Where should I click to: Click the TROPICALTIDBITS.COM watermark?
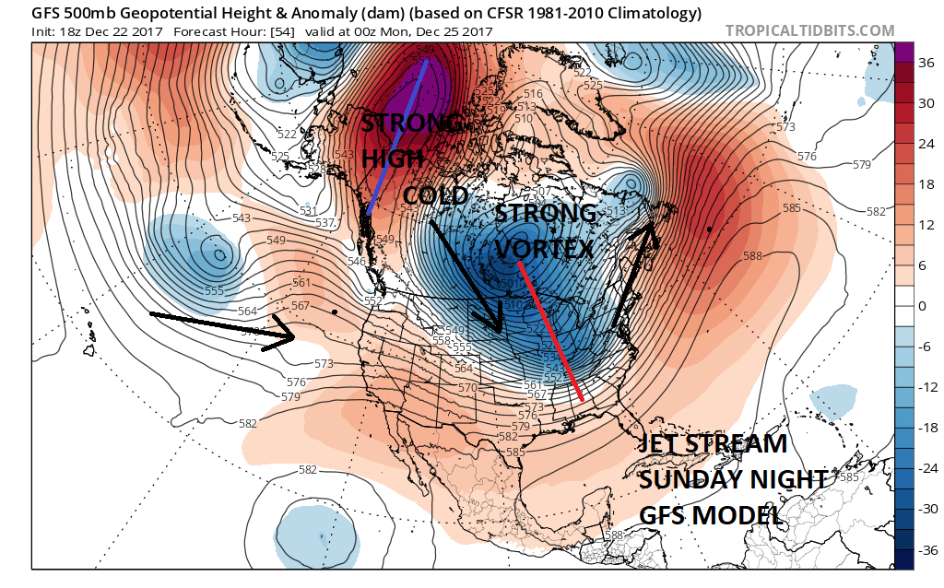pos(809,30)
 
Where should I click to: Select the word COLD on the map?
pos(436,196)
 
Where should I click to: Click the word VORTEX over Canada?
pos(543,249)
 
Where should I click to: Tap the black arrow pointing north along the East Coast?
pos(636,276)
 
